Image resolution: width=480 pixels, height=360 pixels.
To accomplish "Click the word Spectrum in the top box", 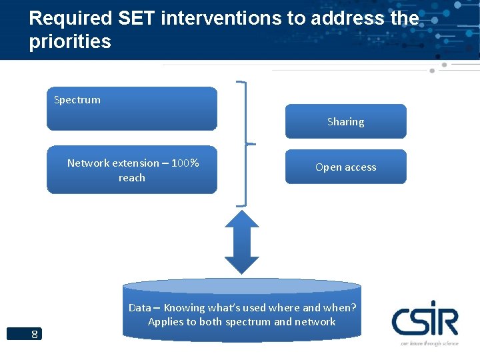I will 77,100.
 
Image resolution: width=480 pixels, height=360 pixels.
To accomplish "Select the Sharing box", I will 345,121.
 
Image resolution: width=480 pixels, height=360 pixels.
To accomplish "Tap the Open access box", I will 345,167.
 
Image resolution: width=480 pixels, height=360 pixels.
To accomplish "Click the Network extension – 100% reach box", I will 132,170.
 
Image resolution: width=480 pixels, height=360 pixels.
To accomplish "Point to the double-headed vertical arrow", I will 241,241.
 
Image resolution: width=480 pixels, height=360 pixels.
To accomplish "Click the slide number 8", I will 34,334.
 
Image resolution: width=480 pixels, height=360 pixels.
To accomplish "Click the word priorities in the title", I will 70,41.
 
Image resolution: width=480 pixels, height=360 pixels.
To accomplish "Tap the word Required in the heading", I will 65,18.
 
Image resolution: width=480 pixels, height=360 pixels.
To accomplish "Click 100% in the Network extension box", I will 185,163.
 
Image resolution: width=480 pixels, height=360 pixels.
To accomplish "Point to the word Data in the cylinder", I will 139,308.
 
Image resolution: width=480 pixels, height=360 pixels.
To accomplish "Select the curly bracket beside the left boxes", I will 246,143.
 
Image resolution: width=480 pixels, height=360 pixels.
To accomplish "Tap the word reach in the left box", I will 132,178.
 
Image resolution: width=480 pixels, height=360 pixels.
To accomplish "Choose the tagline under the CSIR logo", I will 429,343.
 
